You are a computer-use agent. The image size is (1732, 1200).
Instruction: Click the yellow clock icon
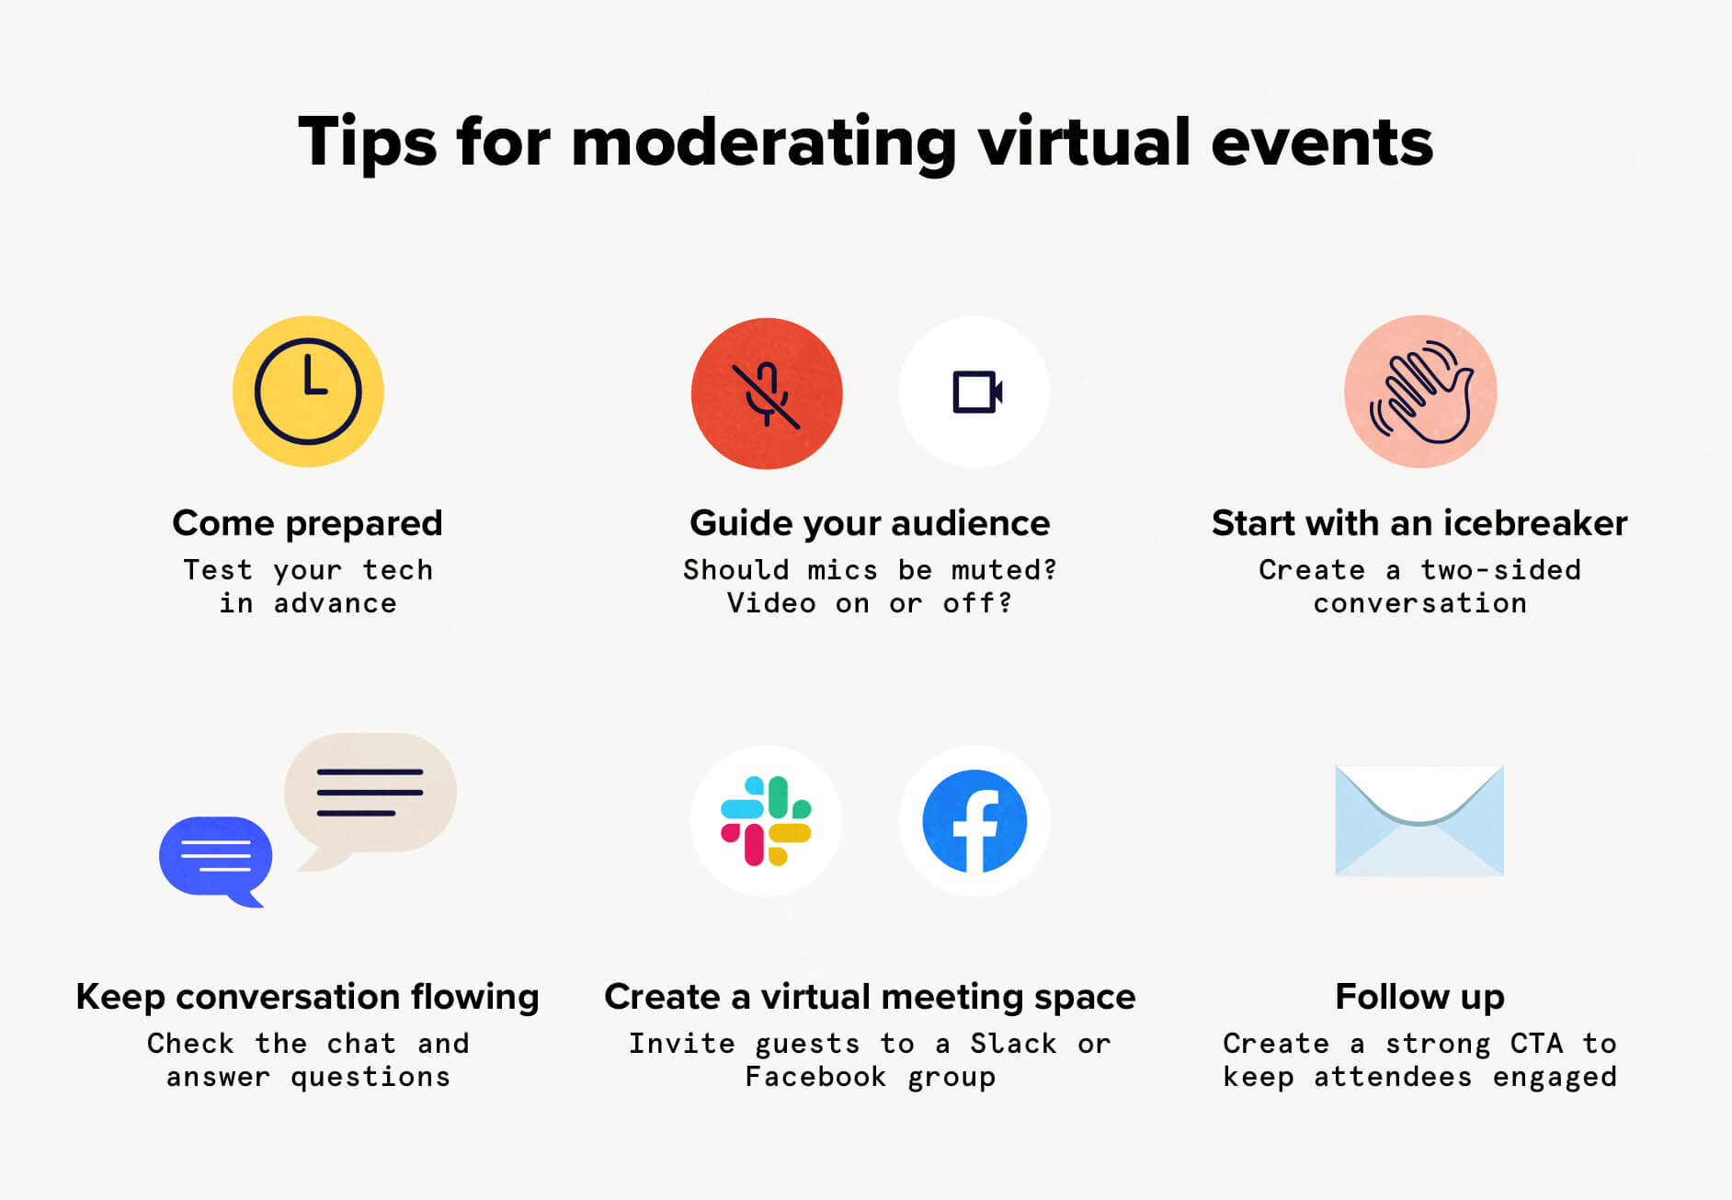pyautogui.click(x=308, y=392)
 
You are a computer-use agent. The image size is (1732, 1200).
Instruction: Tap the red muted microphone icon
pyautogui.click(x=767, y=394)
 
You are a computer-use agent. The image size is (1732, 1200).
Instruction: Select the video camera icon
pyautogui.click(x=974, y=393)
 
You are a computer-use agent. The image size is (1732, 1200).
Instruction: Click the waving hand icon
pyautogui.click(x=1420, y=392)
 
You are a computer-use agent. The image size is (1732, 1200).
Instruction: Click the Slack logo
pyautogui.click(x=766, y=821)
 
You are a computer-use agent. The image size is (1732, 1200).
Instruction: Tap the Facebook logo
pyautogui.click(x=974, y=821)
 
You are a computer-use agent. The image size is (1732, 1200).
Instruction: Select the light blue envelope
pyautogui.click(x=1419, y=820)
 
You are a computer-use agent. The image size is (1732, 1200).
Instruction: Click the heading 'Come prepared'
pyautogui.click(x=308, y=523)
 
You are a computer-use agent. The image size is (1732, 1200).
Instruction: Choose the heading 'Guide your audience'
pyautogui.click(x=870, y=523)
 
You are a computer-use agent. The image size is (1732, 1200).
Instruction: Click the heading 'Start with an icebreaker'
pyautogui.click(x=1419, y=523)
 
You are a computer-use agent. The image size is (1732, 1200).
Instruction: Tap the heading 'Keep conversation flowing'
pyautogui.click(x=308, y=997)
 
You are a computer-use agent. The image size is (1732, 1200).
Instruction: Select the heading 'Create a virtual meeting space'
pyautogui.click(x=870, y=997)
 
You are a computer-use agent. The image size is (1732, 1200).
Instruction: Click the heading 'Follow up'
pyautogui.click(x=1419, y=997)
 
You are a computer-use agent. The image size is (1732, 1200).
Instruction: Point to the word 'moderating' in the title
pyautogui.click(x=764, y=143)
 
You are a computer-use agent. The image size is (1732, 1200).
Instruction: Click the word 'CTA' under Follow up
pyautogui.click(x=1536, y=1044)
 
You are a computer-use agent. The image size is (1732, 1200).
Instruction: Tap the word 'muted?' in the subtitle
pyautogui.click(x=1004, y=570)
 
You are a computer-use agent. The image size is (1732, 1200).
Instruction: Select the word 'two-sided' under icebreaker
pyautogui.click(x=1500, y=570)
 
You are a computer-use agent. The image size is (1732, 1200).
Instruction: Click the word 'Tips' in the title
pyautogui.click(x=368, y=143)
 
